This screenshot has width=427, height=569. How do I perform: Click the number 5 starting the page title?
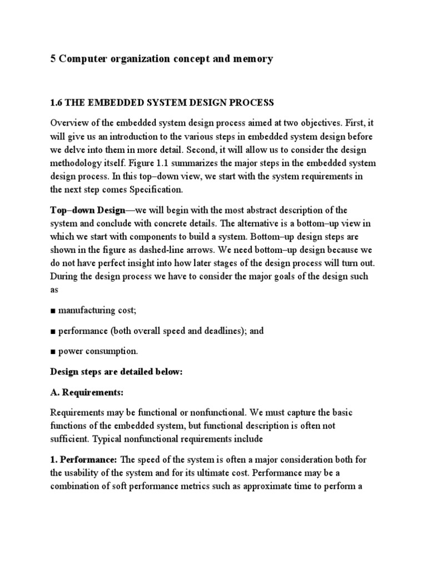click(x=53, y=59)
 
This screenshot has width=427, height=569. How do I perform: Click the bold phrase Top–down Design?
click(x=91, y=210)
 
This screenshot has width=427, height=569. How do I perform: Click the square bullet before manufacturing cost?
click(x=53, y=310)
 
